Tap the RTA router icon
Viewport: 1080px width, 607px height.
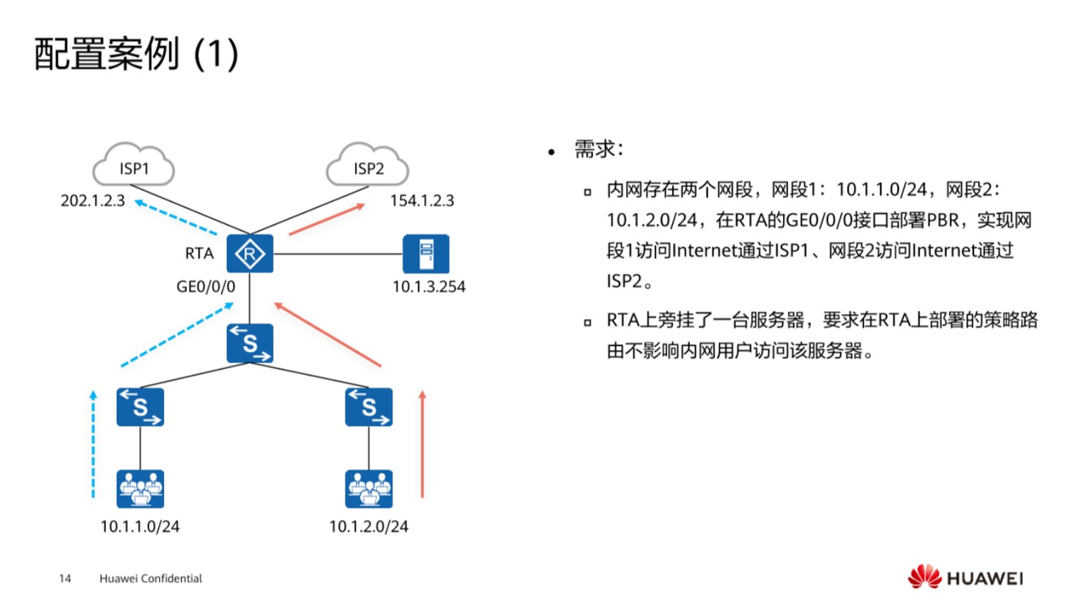coord(251,253)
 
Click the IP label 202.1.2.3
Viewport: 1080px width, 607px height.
coord(93,201)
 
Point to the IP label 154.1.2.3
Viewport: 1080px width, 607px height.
coord(422,201)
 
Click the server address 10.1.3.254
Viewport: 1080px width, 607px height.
coord(428,287)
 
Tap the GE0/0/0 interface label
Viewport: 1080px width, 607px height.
coord(206,287)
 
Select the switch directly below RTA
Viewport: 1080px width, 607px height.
coord(251,343)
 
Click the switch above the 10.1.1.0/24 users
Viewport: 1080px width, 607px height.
coord(140,407)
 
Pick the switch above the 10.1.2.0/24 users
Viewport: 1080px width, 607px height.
coord(368,407)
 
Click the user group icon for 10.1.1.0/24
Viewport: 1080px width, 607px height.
coord(140,489)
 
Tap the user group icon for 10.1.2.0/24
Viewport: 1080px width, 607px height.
coord(368,489)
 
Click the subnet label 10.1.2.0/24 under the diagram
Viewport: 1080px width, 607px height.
coord(368,528)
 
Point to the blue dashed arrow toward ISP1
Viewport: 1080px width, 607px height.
coord(177,217)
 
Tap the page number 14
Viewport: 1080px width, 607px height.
coord(65,579)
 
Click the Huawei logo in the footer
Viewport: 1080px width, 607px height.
coord(965,578)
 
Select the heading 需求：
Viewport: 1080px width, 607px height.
coord(598,151)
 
